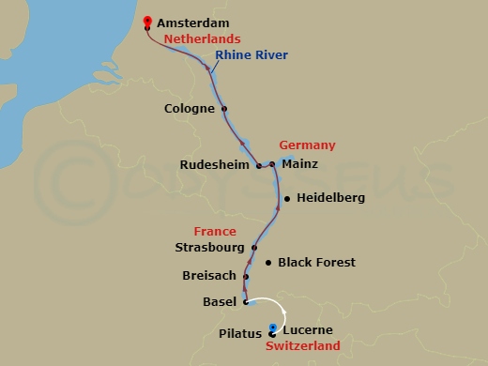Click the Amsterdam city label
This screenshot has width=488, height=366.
(x=192, y=23)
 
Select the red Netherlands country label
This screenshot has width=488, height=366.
(x=202, y=39)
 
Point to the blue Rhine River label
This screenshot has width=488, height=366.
(x=252, y=55)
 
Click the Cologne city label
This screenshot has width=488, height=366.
(x=190, y=109)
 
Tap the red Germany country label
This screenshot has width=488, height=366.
(x=307, y=145)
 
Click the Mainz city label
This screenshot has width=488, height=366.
(x=299, y=164)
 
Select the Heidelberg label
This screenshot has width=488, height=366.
(x=330, y=198)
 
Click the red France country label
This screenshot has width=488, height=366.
(x=214, y=231)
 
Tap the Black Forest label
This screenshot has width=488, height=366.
(x=316, y=263)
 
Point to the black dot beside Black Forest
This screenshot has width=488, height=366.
(x=267, y=263)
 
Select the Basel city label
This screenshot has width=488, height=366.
(x=220, y=302)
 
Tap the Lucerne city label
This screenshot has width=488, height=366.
(x=308, y=330)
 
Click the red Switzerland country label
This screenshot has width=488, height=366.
(x=303, y=346)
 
